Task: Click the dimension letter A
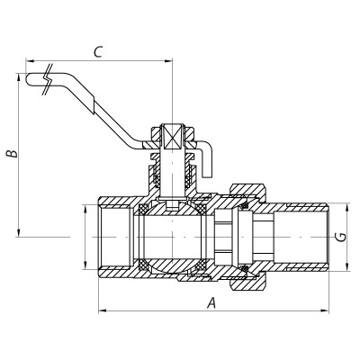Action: tap(211, 302)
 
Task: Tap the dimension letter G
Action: tap(339, 238)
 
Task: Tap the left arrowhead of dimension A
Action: tap(98, 311)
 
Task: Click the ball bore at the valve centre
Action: tap(171, 238)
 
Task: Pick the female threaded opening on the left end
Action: tap(112, 238)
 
